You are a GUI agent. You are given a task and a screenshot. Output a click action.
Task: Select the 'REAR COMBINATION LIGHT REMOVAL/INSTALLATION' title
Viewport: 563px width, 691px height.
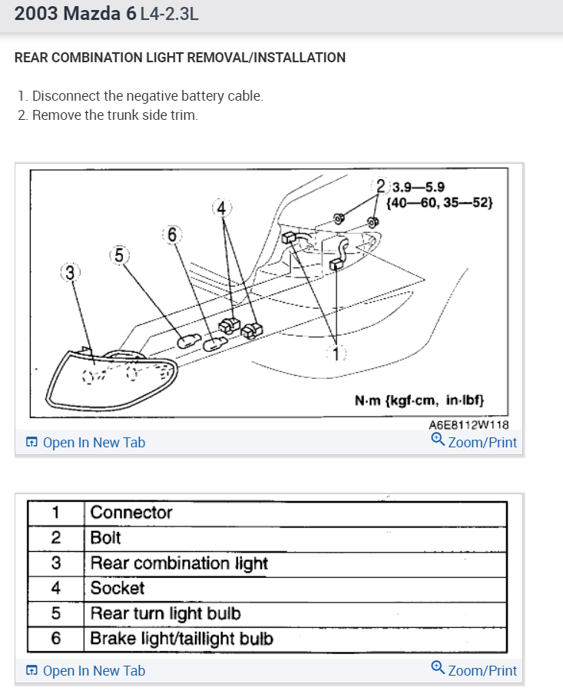180,58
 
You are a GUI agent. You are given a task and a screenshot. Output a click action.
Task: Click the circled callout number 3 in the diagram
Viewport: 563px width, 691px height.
71,272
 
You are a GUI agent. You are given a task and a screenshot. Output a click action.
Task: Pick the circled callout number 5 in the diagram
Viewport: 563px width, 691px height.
119,254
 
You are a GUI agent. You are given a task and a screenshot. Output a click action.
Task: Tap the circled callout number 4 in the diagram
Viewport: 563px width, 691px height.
221,208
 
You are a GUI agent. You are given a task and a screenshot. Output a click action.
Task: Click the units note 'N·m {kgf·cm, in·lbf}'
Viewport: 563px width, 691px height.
419,400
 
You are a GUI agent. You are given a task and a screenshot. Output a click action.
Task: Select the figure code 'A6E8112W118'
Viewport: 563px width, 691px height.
469,424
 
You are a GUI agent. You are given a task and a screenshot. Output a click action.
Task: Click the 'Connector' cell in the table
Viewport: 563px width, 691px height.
131,513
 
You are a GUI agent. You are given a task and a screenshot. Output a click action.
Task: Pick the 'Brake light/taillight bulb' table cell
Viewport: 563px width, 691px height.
181,638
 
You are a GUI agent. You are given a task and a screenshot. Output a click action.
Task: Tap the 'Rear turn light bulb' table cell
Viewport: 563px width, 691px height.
165,613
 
